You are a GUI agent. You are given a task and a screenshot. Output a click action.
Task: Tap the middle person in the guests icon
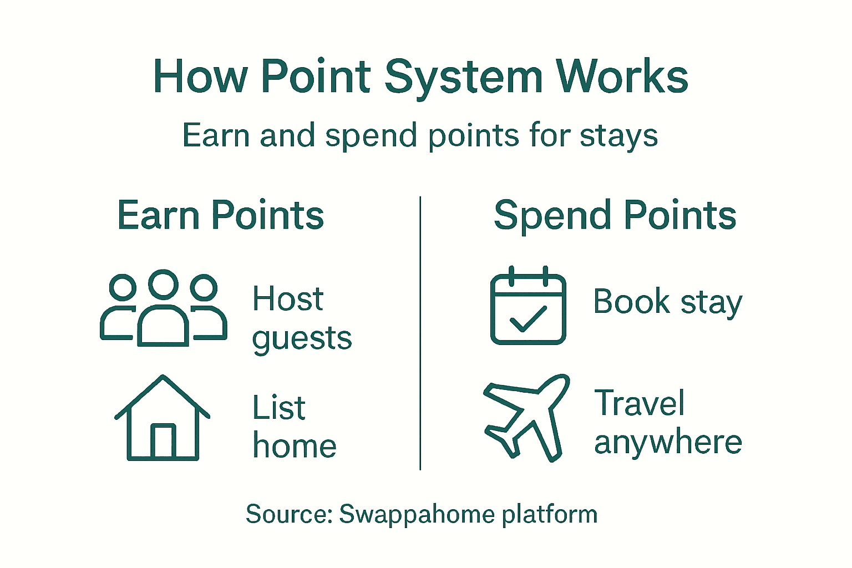click(163, 311)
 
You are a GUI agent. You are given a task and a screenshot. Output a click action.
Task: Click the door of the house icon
click(163, 441)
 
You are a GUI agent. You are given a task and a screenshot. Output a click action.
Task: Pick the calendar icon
click(528, 306)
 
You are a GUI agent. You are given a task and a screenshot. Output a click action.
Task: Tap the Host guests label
click(301, 318)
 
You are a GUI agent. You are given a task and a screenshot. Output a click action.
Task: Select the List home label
click(294, 427)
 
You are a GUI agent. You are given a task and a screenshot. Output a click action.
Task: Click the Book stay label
click(667, 302)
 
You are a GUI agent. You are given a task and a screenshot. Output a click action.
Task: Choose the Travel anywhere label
click(667, 422)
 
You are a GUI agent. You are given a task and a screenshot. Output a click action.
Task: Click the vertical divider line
click(420, 333)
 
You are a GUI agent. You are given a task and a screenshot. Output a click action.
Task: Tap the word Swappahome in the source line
click(417, 514)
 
